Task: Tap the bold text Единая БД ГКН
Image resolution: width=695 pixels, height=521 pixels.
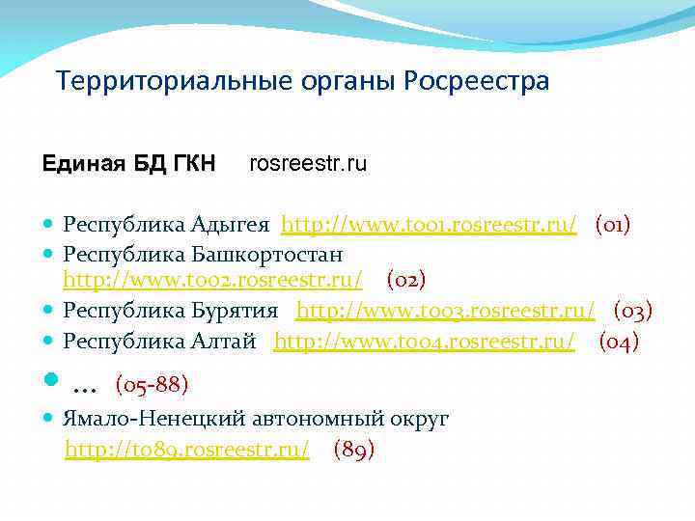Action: tap(128, 164)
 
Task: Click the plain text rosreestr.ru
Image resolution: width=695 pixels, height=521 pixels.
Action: tap(308, 164)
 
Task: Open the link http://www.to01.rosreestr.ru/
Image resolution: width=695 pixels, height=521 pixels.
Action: tap(429, 226)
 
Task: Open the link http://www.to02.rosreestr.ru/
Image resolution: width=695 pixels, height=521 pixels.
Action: tap(212, 280)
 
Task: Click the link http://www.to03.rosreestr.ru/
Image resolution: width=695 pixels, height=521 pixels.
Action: tap(445, 311)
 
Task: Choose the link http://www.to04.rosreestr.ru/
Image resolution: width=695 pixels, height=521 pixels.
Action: tap(425, 341)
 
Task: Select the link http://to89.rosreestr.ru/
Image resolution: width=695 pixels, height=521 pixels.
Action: tap(187, 450)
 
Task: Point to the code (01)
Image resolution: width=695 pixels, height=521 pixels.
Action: tap(613, 226)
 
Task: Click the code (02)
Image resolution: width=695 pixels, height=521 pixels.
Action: tap(405, 280)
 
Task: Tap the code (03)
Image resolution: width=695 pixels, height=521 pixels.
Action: tap(633, 311)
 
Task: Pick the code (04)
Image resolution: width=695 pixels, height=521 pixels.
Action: tap(619, 341)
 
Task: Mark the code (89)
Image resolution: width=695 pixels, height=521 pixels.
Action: tap(353, 450)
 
